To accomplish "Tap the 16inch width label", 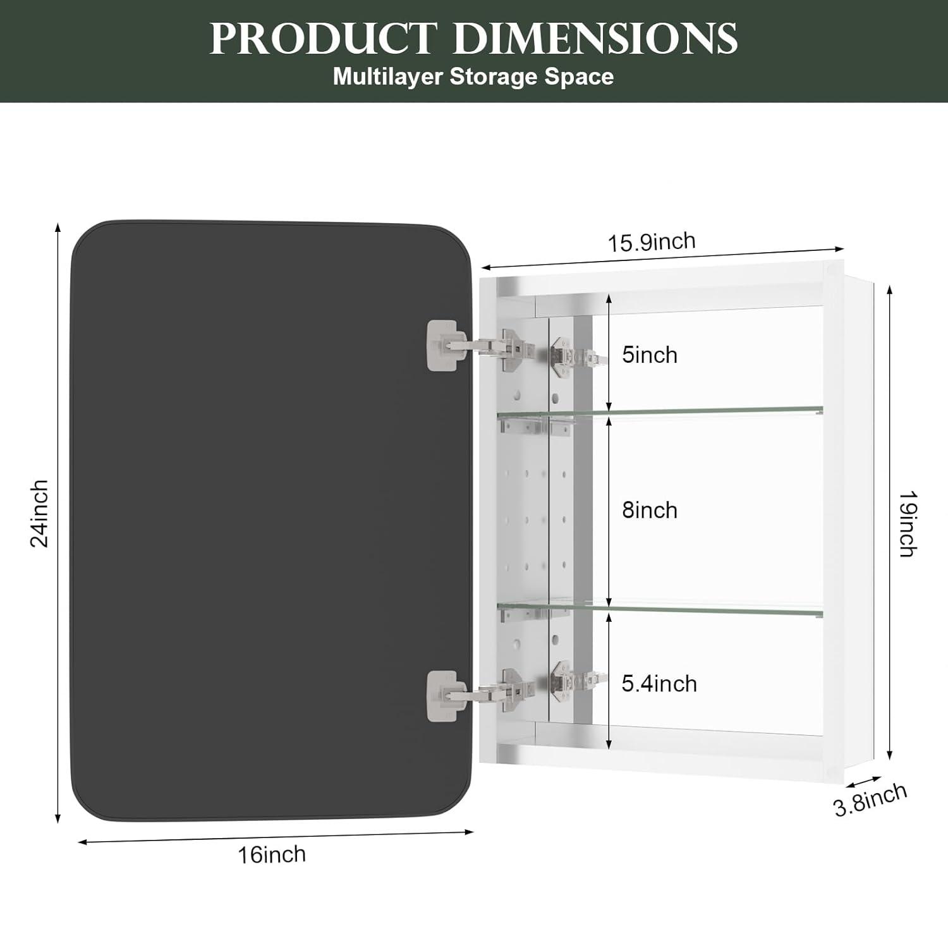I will click(x=272, y=854).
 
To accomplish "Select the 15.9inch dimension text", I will click(x=652, y=242).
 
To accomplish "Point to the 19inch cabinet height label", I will click(x=908, y=524).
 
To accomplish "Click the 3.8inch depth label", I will click(x=870, y=799).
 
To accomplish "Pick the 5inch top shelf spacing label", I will click(x=649, y=355).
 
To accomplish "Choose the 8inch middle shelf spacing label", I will click(x=649, y=510).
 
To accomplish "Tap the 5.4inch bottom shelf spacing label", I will click(x=659, y=683).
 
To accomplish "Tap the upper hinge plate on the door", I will click(x=442, y=344).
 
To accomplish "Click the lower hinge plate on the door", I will click(x=442, y=695).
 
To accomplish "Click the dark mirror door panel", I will click(x=253, y=518).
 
